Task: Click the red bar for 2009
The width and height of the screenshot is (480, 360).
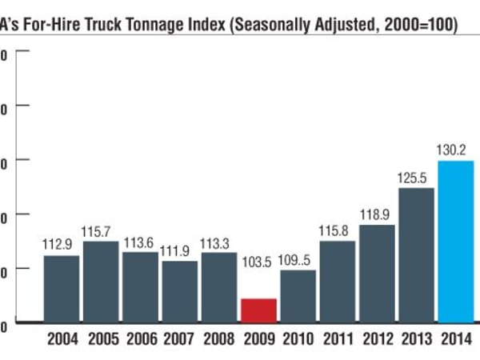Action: [258, 310]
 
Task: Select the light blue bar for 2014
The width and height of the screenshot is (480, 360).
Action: [455, 241]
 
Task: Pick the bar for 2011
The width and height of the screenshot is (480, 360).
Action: [337, 281]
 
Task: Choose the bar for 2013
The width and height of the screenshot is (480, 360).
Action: [415, 254]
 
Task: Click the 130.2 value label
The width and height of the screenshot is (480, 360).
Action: [455, 149]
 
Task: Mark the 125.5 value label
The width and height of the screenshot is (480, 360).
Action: [415, 176]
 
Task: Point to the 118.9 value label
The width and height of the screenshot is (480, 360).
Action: [376, 214]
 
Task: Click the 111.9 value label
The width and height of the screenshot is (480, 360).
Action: [179, 250]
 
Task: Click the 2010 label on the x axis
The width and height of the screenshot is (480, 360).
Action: [298, 339]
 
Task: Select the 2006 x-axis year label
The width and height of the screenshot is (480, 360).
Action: [140, 339]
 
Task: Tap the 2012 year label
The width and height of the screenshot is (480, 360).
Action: [376, 339]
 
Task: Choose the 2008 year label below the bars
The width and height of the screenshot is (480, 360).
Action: [218, 339]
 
